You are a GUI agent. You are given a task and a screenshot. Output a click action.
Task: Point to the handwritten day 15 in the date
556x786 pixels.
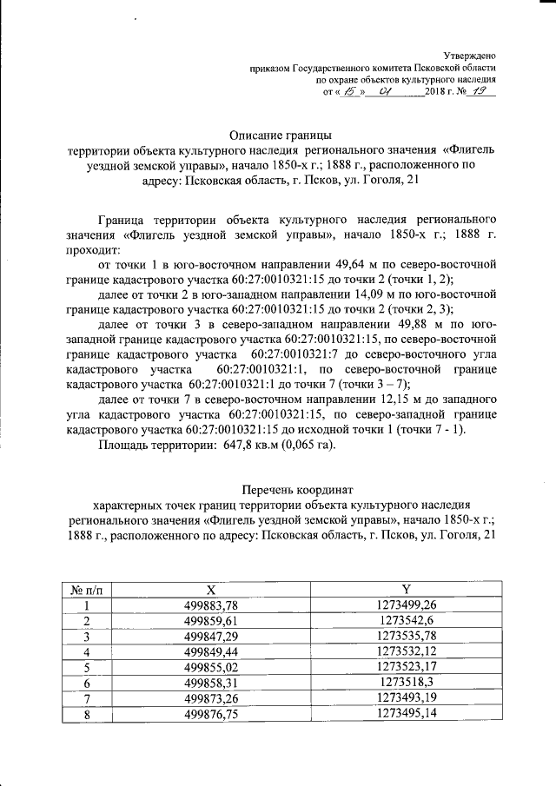(350, 89)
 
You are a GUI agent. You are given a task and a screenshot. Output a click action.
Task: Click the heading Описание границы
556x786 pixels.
(280, 135)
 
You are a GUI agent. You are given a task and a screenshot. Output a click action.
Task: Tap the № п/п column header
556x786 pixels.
(87, 590)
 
